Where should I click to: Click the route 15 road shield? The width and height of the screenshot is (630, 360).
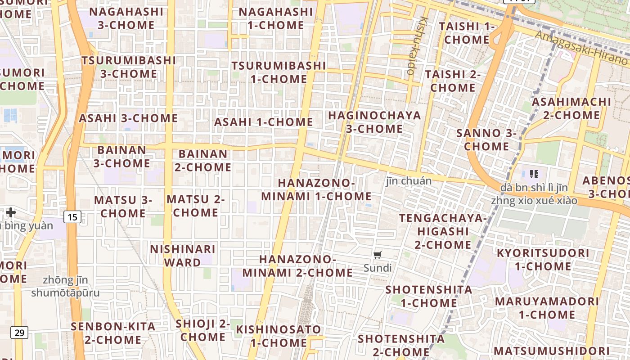pos(72,217)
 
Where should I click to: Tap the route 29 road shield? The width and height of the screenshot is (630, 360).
pos(19,333)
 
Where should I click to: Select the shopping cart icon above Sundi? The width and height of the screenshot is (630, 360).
pos(378,255)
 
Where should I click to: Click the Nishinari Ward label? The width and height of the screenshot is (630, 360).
pos(183,256)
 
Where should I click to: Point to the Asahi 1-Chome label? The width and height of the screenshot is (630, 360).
pos(263,122)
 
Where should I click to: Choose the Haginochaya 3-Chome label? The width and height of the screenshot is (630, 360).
pos(374,122)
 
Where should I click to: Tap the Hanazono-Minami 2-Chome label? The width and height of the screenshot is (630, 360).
pos(297,266)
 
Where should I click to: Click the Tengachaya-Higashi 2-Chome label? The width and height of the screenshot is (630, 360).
pos(443,231)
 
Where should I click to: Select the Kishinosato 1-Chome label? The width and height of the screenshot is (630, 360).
pos(279,336)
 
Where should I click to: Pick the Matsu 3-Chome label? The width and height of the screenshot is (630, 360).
pos(123,206)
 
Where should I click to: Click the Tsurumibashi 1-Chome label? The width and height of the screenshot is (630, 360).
pos(279,72)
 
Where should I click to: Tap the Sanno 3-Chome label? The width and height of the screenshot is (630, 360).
pos(486,139)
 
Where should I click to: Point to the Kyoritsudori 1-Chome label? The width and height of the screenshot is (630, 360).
pos(543,259)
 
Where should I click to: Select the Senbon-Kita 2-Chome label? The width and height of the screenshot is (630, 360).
pos(113,333)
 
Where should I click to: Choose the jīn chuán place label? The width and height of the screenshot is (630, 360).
pos(409,181)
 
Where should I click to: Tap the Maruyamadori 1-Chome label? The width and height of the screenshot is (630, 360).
pos(547,308)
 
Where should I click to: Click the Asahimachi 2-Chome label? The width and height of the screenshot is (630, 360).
pos(571,108)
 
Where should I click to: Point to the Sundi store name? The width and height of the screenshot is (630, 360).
pos(378,268)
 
